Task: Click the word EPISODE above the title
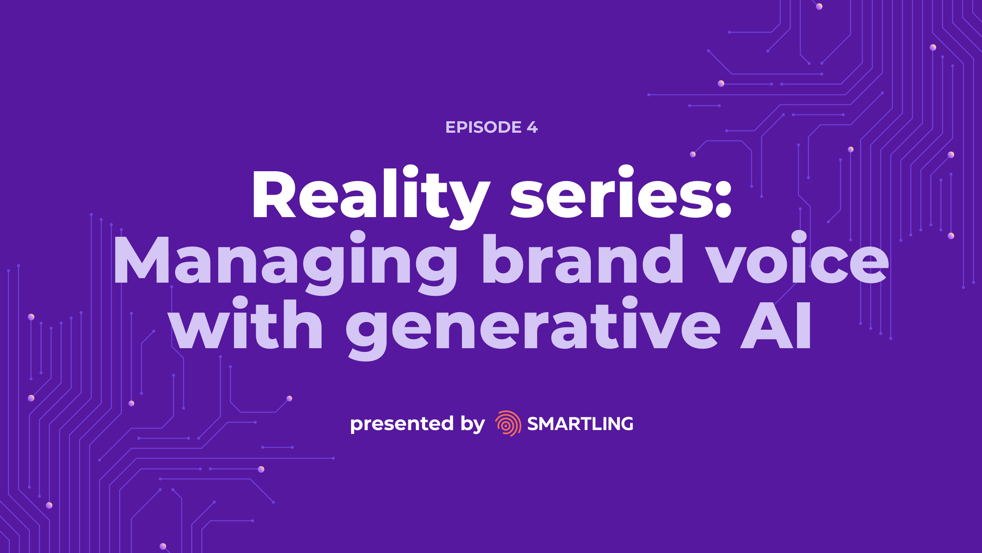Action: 483,127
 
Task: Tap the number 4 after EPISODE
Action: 532,127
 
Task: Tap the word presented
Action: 402,424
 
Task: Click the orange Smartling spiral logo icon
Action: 508,423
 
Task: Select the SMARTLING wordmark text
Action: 580,424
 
